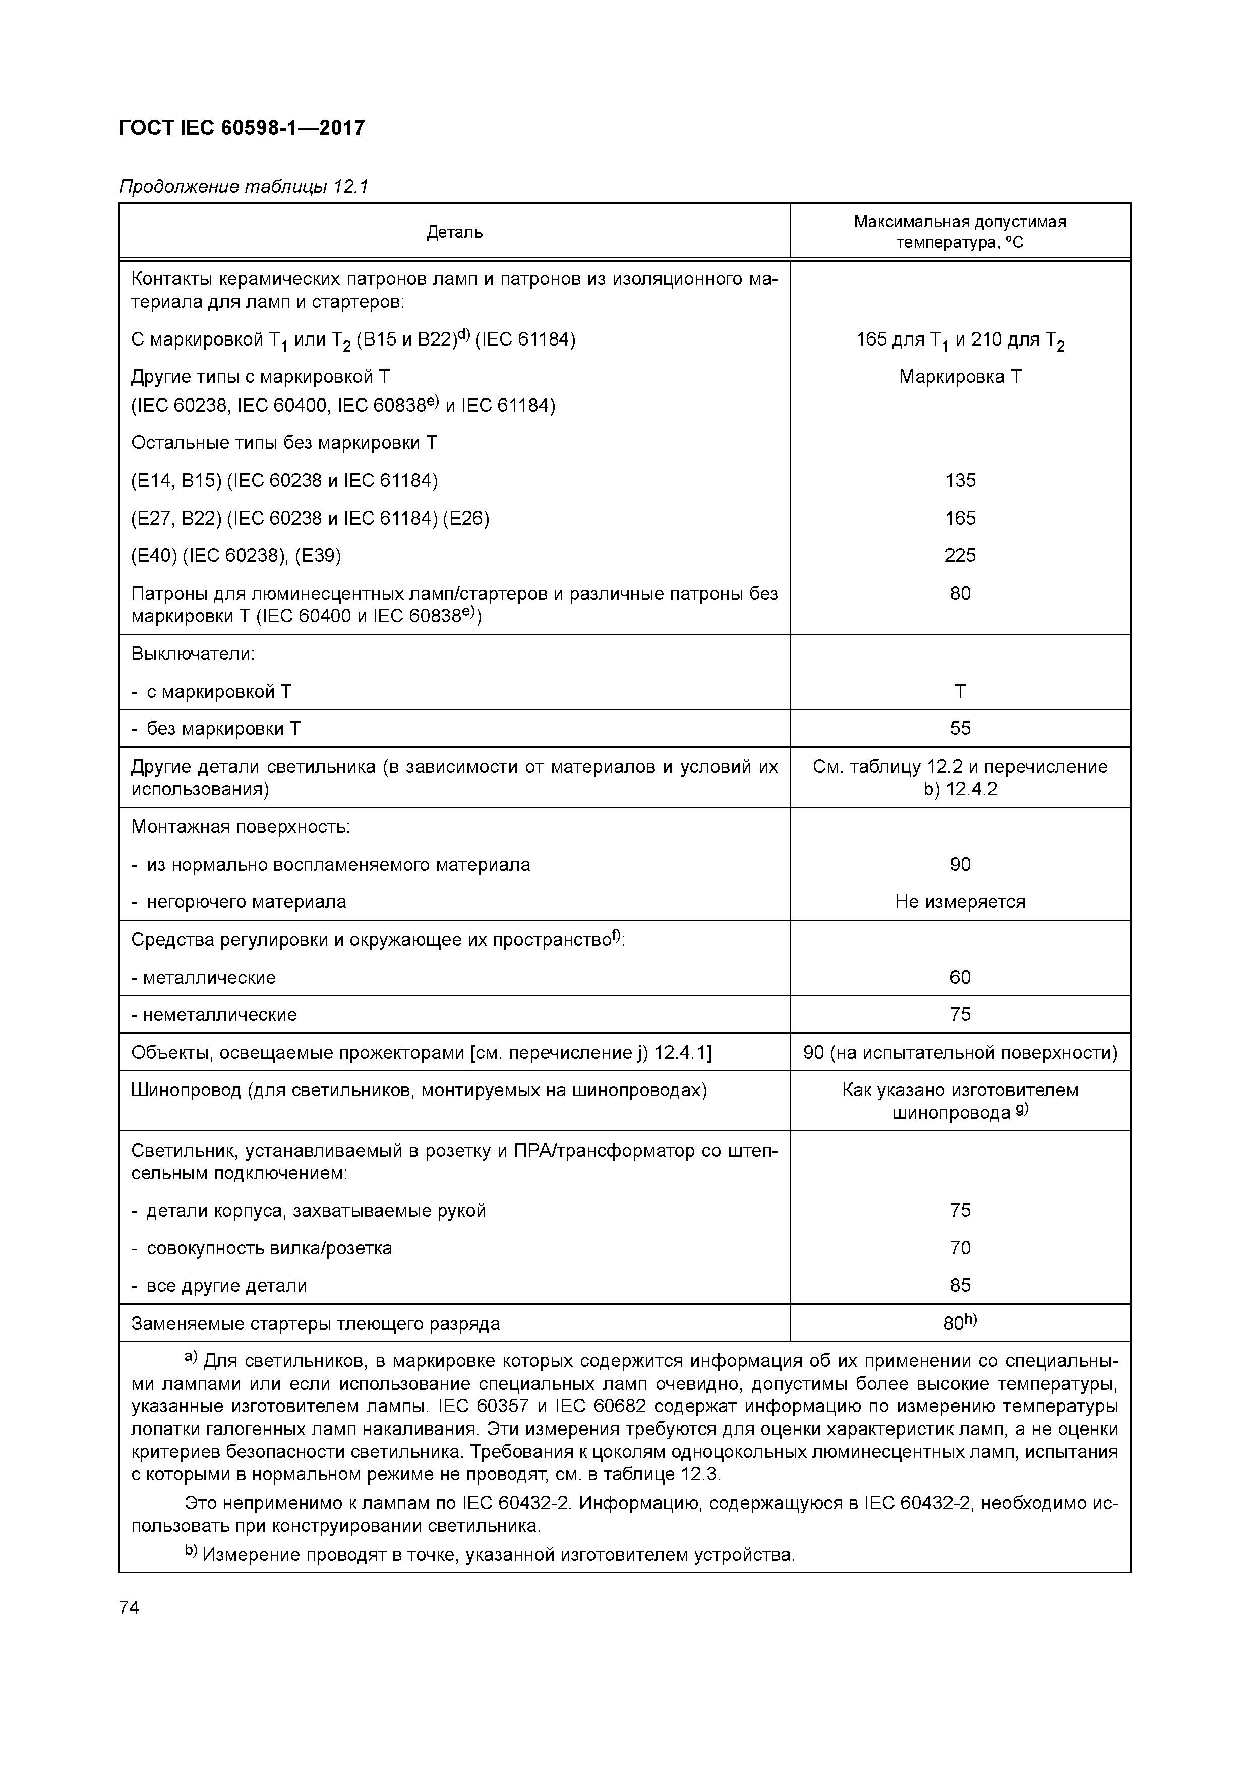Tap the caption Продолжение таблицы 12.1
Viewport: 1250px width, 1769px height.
244,187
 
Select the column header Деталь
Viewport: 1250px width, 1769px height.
454,232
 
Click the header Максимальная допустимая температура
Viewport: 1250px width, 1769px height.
960,232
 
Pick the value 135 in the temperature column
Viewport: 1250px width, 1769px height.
960,481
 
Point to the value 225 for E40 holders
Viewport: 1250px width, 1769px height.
960,555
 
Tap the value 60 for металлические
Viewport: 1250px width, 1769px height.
960,977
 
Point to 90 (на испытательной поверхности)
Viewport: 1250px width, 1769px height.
960,1052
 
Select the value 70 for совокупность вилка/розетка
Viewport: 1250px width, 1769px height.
960,1247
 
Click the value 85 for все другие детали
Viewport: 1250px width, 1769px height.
960,1285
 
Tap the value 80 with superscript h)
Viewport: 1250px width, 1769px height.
960,1323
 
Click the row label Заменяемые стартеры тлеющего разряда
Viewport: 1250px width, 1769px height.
315,1324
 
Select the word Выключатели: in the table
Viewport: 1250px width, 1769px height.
193,654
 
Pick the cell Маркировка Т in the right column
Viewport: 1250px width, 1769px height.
960,377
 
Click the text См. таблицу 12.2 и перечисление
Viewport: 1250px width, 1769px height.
960,767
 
